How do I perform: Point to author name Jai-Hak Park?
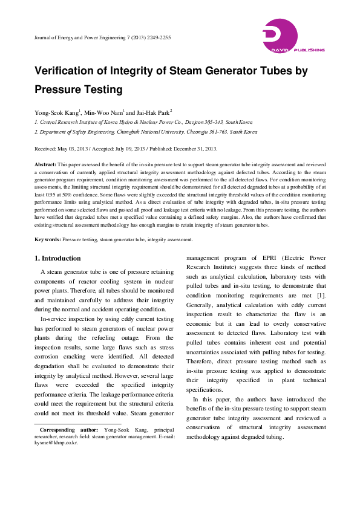pyautogui.click(x=153, y=112)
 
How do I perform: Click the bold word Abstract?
pyautogui.click(x=45, y=164)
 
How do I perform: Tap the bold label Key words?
pyautogui.click(x=47, y=240)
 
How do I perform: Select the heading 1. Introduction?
pyautogui.click(x=57, y=259)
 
